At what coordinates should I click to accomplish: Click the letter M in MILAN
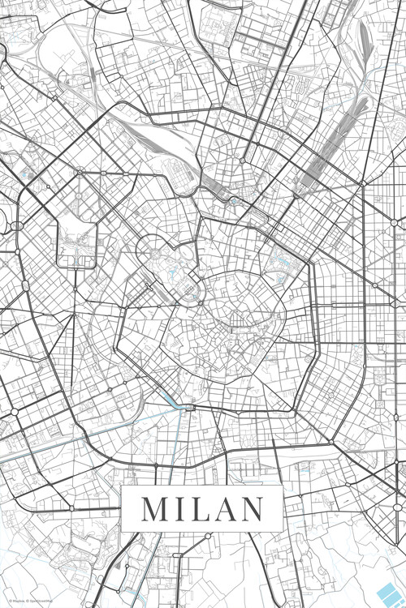point(153,508)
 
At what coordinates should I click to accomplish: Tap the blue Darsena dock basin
point(174,400)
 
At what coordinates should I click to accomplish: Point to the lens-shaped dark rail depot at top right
point(363,36)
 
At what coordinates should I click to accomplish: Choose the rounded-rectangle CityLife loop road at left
point(76,244)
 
